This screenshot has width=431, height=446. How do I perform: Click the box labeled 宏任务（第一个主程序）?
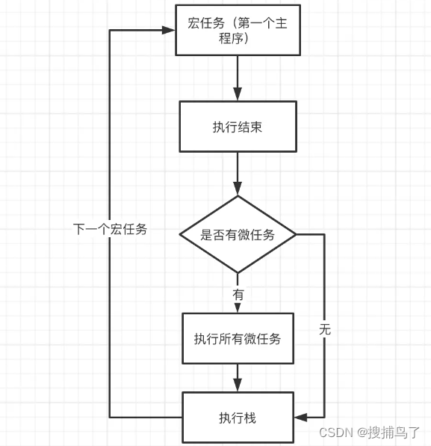coord(237,30)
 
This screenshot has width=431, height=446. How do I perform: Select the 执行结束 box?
coord(237,126)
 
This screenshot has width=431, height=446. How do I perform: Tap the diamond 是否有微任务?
coord(238,234)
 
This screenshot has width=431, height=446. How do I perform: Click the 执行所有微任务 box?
coord(238,338)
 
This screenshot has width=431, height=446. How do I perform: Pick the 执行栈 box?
coord(238,418)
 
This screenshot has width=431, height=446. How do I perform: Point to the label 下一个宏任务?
coord(110,230)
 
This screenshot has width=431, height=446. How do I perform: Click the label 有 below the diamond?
coord(238,295)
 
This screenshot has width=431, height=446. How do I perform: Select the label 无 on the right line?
coord(324,329)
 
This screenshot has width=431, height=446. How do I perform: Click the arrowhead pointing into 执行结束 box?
coord(238,96)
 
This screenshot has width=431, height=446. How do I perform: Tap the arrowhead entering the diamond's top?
coord(238,189)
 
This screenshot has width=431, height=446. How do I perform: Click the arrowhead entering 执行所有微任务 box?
coord(238,308)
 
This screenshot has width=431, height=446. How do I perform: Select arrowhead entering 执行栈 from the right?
coord(301,417)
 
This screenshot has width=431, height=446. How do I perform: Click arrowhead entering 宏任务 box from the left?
coord(169,30)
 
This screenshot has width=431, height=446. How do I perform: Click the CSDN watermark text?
coord(335,433)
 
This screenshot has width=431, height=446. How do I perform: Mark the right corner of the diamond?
coord(297,234)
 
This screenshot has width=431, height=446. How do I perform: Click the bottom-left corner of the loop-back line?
coord(110,417)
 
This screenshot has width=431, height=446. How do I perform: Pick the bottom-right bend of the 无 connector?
coord(324,417)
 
